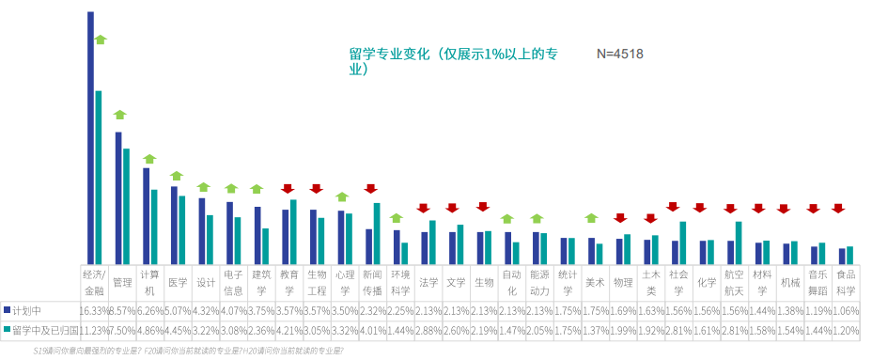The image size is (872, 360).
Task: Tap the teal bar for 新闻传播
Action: point(377,233)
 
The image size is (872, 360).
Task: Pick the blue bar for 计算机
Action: point(147,215)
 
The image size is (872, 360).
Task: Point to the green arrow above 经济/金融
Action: point(100,39)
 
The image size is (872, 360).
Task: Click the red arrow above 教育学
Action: point(288,189)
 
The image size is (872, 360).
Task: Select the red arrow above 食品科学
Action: point(838,208)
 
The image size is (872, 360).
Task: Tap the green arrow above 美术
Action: point(591,218)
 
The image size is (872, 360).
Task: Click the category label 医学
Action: point(178,281)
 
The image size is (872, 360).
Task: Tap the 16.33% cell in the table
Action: point(95,309)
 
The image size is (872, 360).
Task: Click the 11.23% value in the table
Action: point(95,330)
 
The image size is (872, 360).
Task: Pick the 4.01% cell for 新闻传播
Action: point(373,330)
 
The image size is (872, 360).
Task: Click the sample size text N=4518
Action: point(619,55)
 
